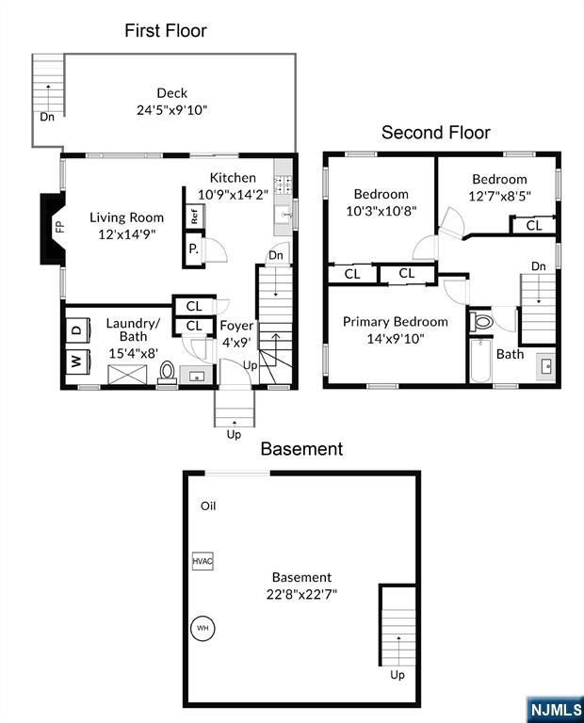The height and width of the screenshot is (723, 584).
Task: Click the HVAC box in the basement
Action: [203, 561]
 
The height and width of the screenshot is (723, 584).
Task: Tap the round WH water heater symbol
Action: [203, 628]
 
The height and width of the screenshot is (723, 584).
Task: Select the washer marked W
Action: [77, 361]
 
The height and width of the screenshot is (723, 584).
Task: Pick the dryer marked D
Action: [77, 329]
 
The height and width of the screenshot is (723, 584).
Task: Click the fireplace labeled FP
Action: [54, 229]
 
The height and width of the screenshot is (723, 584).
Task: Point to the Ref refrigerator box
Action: [194, 216]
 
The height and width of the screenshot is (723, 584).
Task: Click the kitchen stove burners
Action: [284, 184]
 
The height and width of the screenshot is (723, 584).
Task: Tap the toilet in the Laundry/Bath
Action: [167, 373]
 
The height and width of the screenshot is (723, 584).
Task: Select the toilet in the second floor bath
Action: [481, 321]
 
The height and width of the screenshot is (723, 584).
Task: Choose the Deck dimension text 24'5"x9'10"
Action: [172, 110]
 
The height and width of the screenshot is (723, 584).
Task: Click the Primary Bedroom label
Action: [396, 321]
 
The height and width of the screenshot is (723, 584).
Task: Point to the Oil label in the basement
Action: [208, 506]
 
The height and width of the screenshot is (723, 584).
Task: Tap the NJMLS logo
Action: [556, 709]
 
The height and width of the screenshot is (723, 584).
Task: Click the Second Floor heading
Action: [436, 133]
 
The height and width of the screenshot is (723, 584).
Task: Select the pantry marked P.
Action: [194, 249]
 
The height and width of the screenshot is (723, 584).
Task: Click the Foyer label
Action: [236, 326]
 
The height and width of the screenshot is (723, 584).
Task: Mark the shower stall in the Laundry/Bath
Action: [127, 375]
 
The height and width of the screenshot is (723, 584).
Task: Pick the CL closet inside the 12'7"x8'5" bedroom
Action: [534, 226]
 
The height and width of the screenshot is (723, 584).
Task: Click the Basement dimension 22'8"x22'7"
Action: [301, 594]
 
